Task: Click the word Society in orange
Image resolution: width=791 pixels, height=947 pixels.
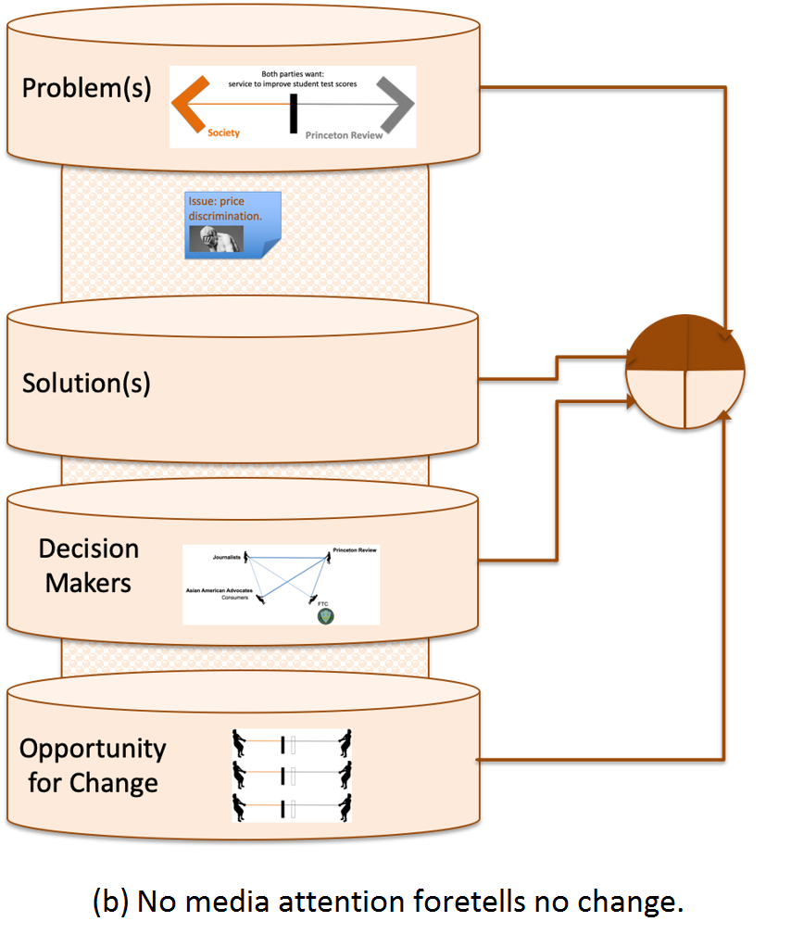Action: click(x=223, y=133)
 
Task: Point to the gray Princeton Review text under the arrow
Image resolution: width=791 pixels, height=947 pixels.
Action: click(x=344, y=135)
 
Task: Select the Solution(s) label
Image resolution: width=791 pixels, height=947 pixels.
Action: click(x=86, y=383)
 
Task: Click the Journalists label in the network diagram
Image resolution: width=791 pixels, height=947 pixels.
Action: click(x=224, y=557)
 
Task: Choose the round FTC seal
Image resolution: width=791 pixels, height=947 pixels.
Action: click(x=325, y=614)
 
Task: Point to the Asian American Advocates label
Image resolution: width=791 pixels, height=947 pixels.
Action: click(x=220, y=590)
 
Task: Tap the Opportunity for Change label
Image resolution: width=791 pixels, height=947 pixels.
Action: click(x=93, y=764)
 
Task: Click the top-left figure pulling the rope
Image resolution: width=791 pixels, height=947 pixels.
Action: click(x=242, y=743)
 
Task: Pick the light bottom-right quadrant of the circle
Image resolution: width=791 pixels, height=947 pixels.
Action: click(x=714, y=398)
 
